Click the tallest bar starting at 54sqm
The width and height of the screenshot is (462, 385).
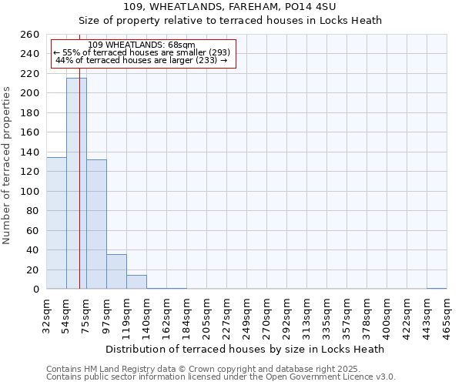pyautogui.click(x=76, y=183)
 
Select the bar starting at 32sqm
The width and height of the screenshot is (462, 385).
pyautogui.click(x=56, y=223)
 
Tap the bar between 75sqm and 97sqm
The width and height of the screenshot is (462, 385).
pyautogui.click(x=96, y=224)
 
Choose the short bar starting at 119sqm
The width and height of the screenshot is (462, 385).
pyautogui.click(x=136, y=282)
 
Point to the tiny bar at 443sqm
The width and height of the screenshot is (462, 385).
pyautogui.click(x=437, y=288)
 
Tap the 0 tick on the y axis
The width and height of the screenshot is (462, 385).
pyautogui.click(x=35, y=290)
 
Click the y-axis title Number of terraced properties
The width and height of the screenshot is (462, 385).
pyautogui.click(x=7, y=166)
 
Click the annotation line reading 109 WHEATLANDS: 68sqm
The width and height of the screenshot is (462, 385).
pyautogui.click(x=142, y=45)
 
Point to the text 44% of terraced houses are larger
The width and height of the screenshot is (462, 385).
pyautogui.click(x=142, y=60)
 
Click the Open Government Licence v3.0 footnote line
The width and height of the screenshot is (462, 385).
pyautogui.click(x=221, y=377)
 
